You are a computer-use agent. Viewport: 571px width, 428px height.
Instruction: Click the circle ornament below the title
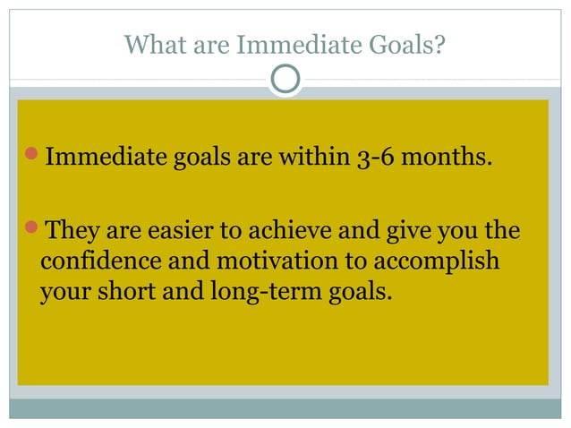click(285, 80)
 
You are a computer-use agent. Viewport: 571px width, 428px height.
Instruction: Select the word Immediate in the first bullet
click(106, 159)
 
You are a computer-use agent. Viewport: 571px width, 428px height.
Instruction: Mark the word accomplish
click(442, 263)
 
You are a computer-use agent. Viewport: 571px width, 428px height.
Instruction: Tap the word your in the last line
click(64, 293)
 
